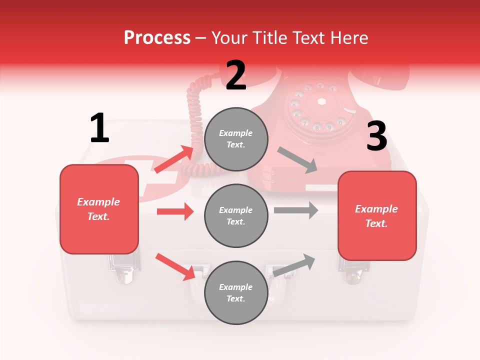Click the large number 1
tap(99, 128)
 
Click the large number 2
tap(236, 75)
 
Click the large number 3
tap(376, 136)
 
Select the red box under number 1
tap(99, 209)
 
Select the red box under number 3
tap(377, 216)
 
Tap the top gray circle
tap(236, 139)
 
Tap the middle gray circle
tap(236, 215)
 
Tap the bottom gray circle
tap(236, 292)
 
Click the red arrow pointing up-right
tap(174, 159)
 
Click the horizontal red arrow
tap(175, 211)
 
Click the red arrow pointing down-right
tap(175, 266)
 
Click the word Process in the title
tap(157, 37)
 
